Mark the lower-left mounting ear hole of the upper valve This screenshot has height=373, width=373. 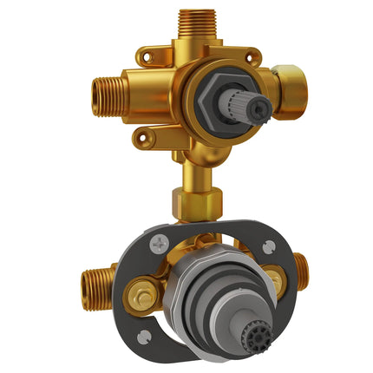[139, 134]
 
